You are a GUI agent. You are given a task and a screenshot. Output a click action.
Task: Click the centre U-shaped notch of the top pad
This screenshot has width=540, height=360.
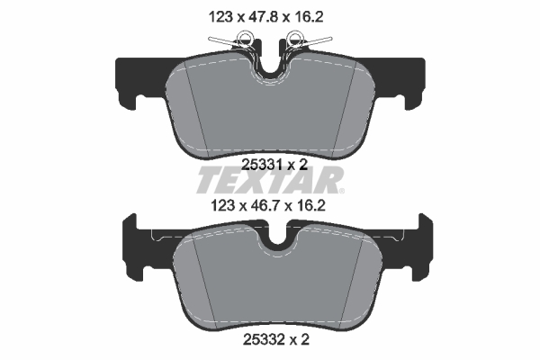point(269,67)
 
